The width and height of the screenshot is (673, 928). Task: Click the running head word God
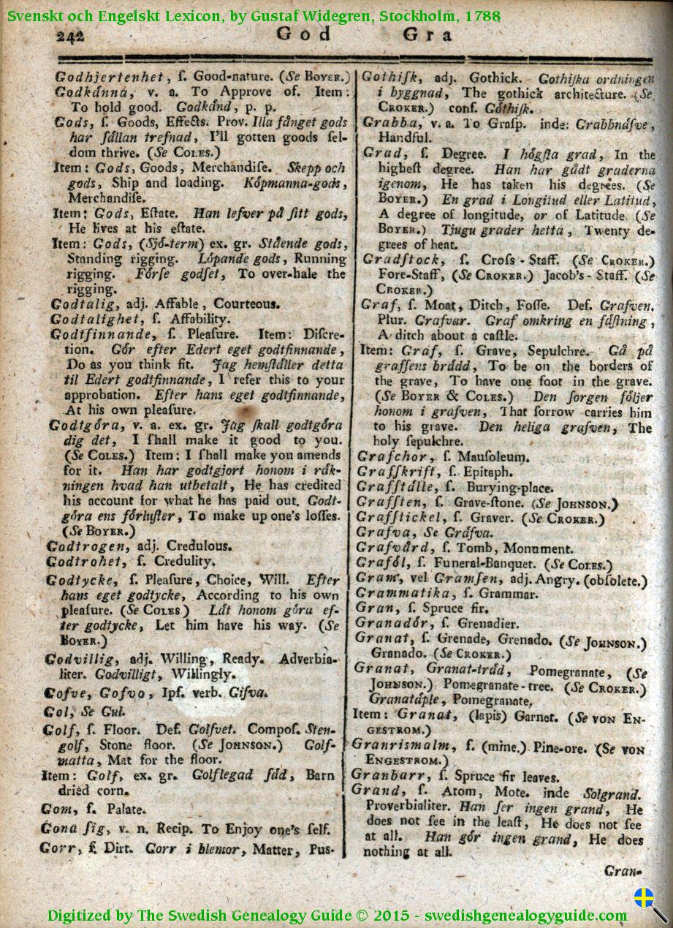pos(304,34)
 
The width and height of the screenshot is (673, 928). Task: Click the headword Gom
pos(58,810)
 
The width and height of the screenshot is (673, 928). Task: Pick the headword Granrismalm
pos(399,744)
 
